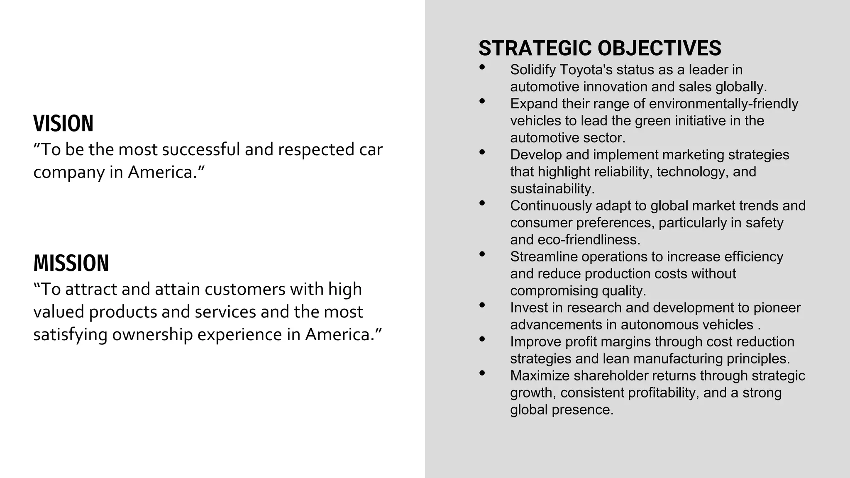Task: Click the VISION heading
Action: pos(64,124)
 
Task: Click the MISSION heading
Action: pos(71,263)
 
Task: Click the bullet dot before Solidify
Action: pos(482,67)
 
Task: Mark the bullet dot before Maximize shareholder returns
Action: pos(482,373)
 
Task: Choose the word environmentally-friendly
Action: pos(723,104)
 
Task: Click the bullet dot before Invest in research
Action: pos(482,305)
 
